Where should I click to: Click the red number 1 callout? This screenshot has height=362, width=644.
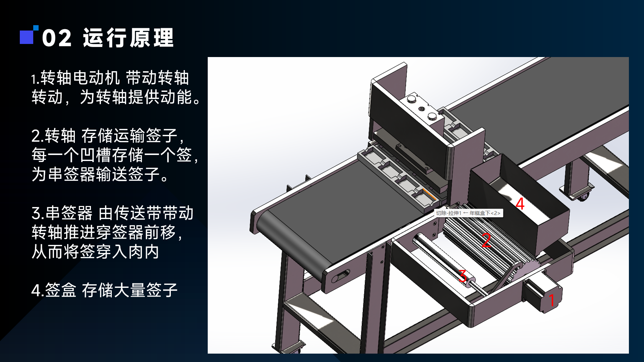click(x=551, y=300)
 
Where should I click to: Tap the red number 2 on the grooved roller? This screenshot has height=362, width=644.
click(x=486, y=241)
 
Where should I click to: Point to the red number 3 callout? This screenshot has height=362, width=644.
click(x=462, y=276)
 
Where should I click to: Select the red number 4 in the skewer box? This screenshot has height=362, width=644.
click(x=520, y=204)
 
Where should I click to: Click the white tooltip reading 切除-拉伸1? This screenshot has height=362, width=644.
click(x=468, y=213)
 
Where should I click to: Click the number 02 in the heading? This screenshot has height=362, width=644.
click(x=57, y=38)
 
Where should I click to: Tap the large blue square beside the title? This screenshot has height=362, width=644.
click(x=27, y=37)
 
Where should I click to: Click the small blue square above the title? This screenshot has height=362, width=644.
click(x=36, y=28)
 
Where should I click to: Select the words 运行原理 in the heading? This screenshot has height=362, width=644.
click(x=129, y=38)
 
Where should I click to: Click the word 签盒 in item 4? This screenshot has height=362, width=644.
click(x=61, y=290)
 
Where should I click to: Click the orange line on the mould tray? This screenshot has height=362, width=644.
click(x=429, y=194)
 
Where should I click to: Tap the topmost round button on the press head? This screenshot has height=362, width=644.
click(x=411, y=99)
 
